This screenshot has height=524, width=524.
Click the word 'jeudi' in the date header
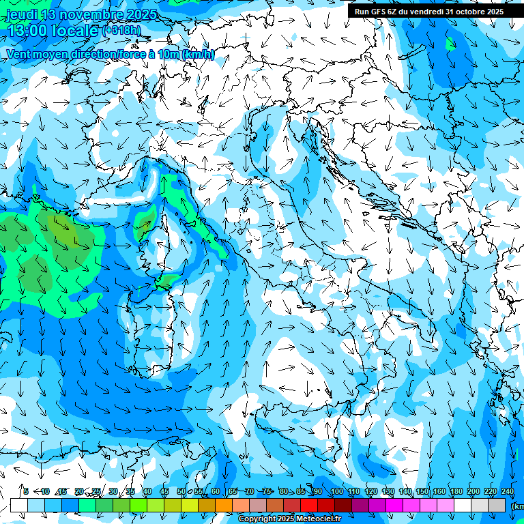coord(21,14)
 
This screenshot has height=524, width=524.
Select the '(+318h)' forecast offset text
coord(121,31)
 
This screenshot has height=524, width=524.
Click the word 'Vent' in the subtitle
coord(19,55)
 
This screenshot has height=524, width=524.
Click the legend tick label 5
coord(26,491)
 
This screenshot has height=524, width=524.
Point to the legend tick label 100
coord(336,491)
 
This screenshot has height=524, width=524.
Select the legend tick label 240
coord(508,491)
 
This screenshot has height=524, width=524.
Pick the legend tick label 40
coord(147,491)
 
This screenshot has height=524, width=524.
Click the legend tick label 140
coord(405,491)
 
